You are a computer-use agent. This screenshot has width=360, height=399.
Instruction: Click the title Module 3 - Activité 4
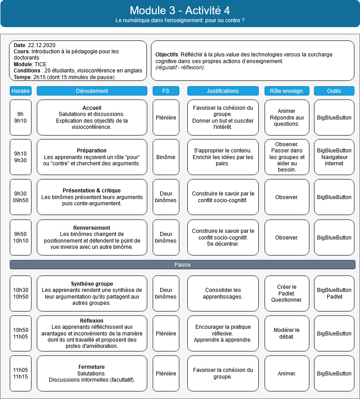point(180,11)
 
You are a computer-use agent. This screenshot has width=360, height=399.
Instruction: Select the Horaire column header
point(20,91)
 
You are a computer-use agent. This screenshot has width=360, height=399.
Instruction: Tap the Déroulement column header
point(92,91)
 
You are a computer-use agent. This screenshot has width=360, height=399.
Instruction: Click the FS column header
point(166,91)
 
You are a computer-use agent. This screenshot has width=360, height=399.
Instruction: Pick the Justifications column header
point(223,91)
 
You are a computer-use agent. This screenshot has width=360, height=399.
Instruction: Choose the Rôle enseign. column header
point(287,91)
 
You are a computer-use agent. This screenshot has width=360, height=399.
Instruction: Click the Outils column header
point(334,91)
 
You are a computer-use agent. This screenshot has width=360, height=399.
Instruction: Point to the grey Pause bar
point(182,265)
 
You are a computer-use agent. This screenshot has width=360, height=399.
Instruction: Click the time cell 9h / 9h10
point(20,117)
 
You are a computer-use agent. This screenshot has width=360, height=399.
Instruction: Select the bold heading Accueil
point(92,108)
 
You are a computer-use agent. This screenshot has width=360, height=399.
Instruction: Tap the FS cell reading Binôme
point(166,157)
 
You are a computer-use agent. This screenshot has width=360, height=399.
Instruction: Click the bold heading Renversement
point(92,227)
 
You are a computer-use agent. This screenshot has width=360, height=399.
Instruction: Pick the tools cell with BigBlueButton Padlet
point(334,293)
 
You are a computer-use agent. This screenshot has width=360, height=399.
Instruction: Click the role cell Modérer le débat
point(287,333)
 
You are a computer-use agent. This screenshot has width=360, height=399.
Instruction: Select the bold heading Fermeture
point(92,367)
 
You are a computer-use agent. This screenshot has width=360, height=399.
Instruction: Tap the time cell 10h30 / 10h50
point(20,293)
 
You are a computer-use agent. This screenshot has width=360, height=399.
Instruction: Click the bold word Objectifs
point(166,55)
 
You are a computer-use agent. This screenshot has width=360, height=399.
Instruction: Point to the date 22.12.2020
point(41,45)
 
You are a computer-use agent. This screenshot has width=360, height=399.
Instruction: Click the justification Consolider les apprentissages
point(223,293)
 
